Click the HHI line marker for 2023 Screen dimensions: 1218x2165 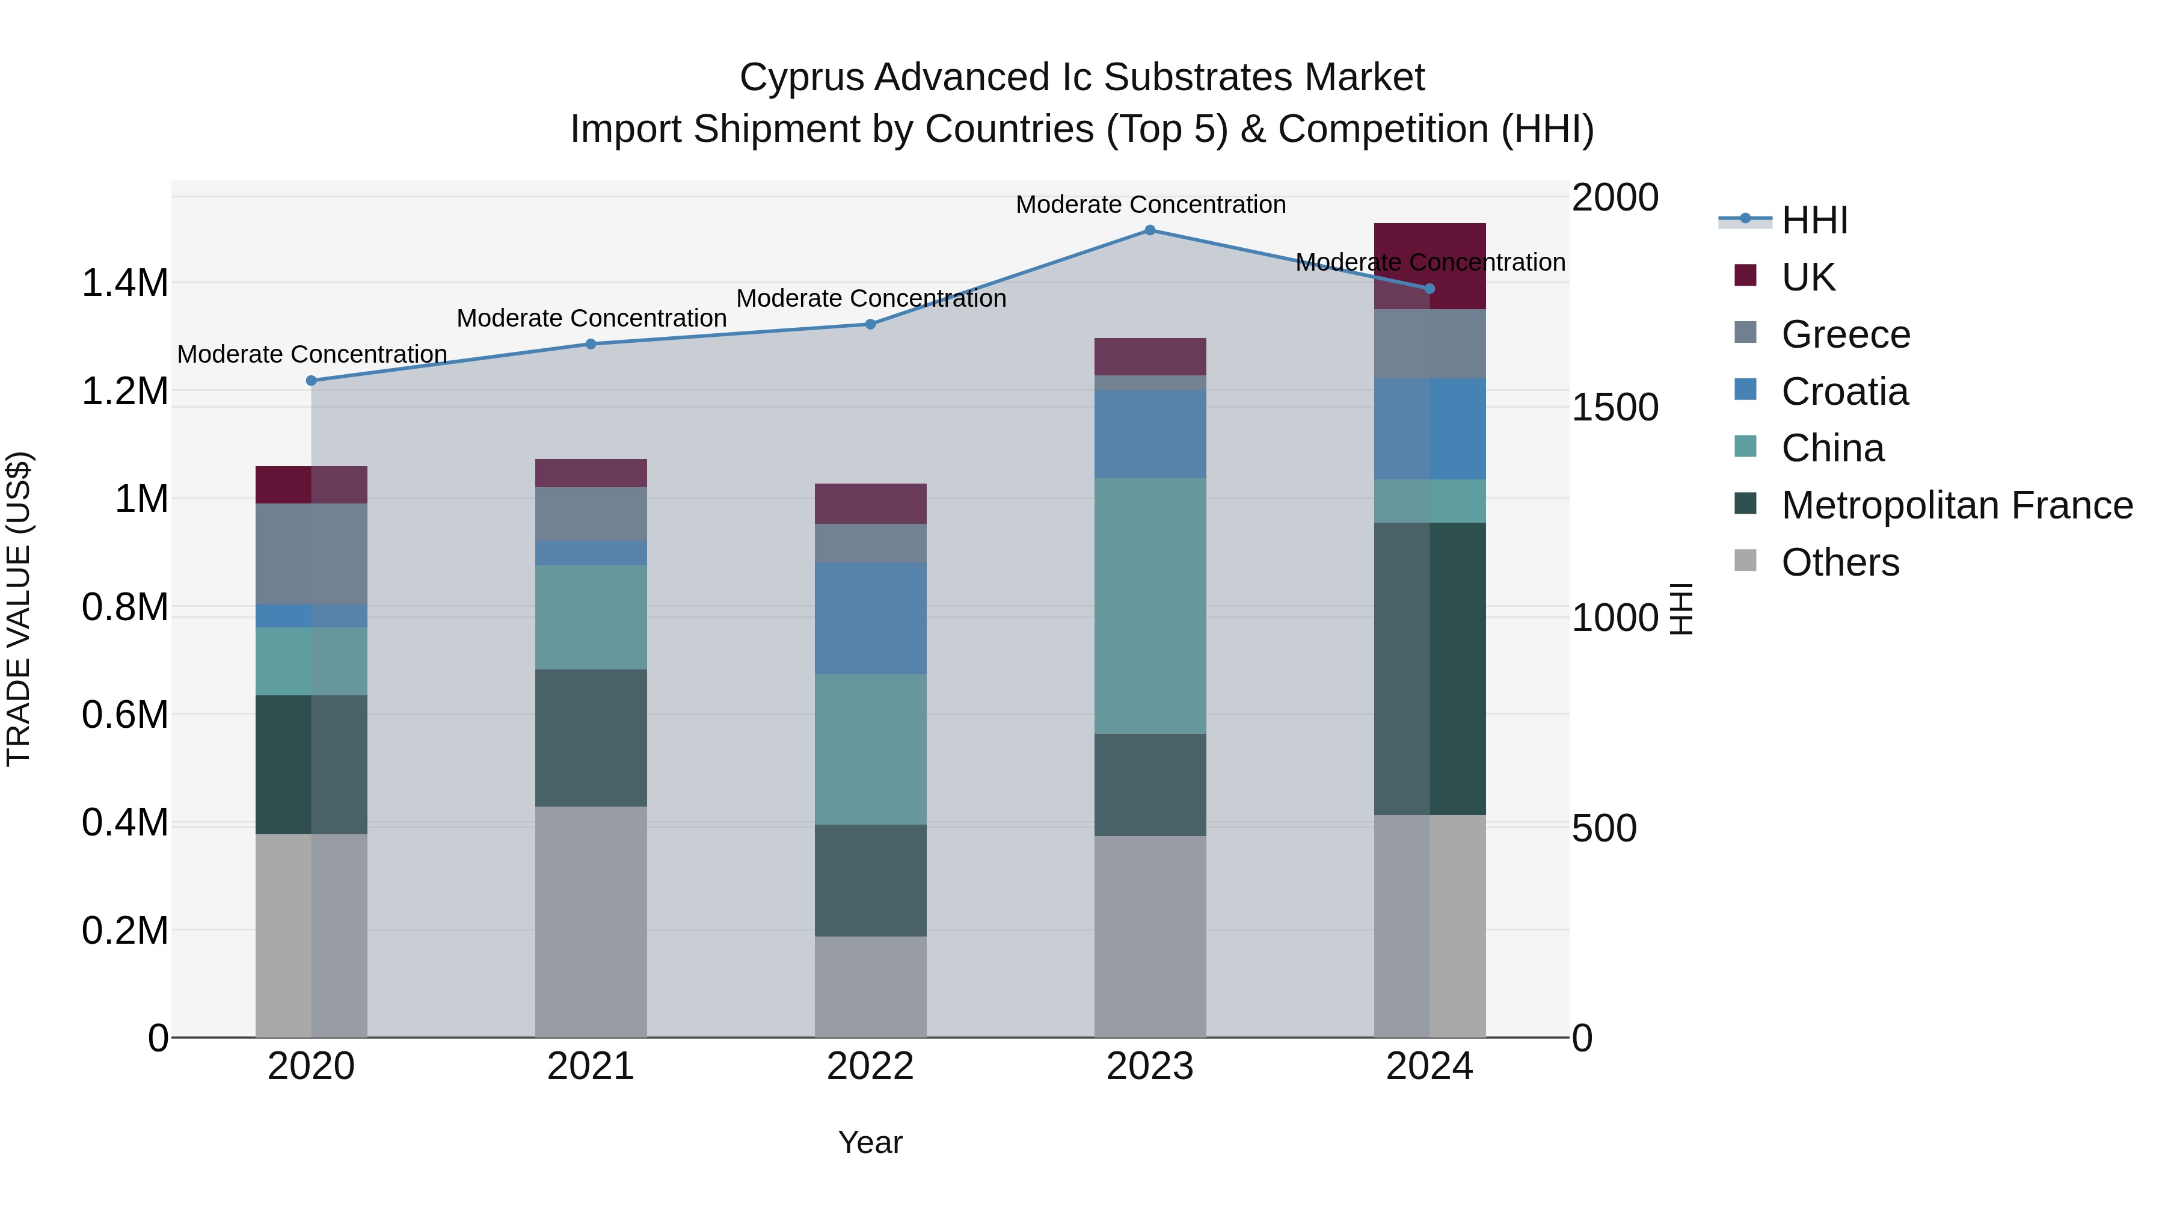1150,230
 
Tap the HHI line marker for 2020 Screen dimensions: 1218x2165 311,381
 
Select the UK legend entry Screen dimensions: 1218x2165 1807,277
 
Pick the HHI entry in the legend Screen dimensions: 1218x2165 1814,220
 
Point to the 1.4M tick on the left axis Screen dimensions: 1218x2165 124,283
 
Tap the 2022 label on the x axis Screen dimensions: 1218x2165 870,1066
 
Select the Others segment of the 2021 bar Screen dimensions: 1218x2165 591,921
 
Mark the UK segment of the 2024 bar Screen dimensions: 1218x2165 1430,266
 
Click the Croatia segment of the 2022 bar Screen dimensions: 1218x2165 870,618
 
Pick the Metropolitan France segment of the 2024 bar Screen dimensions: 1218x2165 1430,668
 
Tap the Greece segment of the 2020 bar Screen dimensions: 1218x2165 311,553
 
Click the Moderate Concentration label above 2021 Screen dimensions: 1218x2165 591,319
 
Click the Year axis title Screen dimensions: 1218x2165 870,1142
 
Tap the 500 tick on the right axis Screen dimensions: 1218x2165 1603,829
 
